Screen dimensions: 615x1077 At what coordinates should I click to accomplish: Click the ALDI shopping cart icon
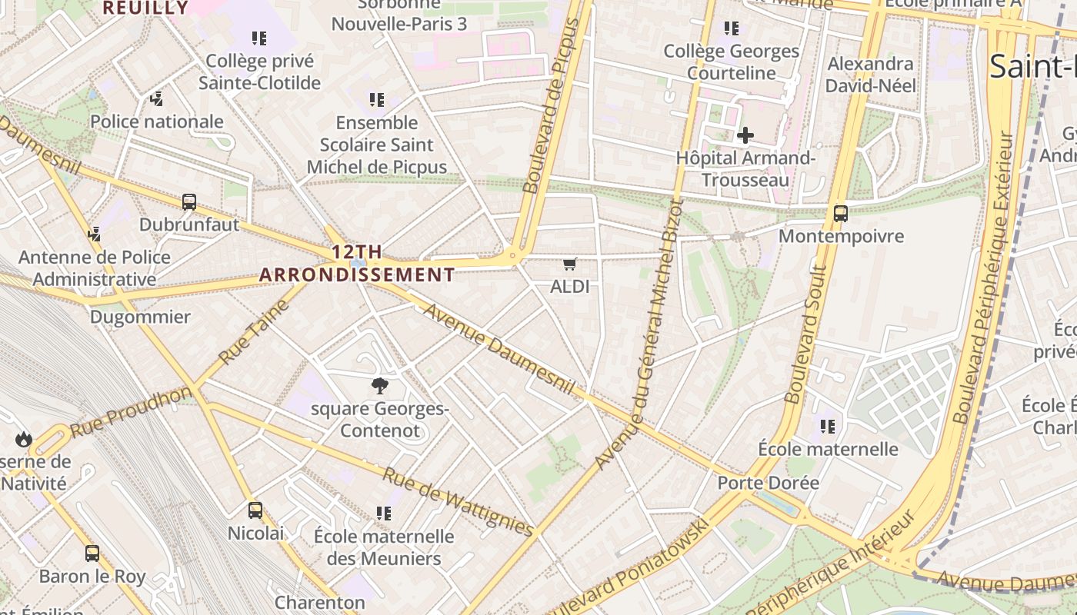click(x=569, y=264)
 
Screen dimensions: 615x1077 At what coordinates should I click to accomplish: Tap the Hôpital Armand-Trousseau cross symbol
click(x=745, y=136)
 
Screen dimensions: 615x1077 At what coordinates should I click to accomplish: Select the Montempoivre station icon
click(x=840, y=214)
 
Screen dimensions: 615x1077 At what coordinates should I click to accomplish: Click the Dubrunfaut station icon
click(x=189, y=202)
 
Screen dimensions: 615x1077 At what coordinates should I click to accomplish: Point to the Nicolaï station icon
click(x=255, y=510)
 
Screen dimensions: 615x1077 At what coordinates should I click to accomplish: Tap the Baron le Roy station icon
click(x=92, y=553)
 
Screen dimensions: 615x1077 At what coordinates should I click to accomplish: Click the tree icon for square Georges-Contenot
click(x=379, y=386)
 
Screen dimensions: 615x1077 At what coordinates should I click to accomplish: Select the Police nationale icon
click(x=157, y=98)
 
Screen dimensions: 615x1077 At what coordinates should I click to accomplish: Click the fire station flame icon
click(x=23, y=439)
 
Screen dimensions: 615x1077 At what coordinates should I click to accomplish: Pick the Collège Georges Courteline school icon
click(x=731, y=28)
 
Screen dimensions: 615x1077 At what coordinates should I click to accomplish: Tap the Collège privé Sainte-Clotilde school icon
click(x=259, y=38)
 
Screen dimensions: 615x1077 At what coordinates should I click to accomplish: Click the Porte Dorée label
click(x=768, y=483)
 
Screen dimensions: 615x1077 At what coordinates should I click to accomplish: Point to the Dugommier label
click(x=140, y=317)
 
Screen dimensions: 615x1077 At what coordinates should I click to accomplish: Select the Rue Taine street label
click(x=253, y=332)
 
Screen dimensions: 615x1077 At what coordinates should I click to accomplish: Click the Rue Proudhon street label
click(x=131, y=411)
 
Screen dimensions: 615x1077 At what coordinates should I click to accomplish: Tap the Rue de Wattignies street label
click(x=458, y=502)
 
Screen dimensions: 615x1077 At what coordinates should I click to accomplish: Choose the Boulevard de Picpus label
click(x=551, y=106)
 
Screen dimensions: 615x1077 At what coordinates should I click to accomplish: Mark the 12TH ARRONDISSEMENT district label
click(x=357, y=263)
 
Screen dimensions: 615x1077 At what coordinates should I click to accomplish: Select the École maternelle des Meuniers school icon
click(x=383, y=513)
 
